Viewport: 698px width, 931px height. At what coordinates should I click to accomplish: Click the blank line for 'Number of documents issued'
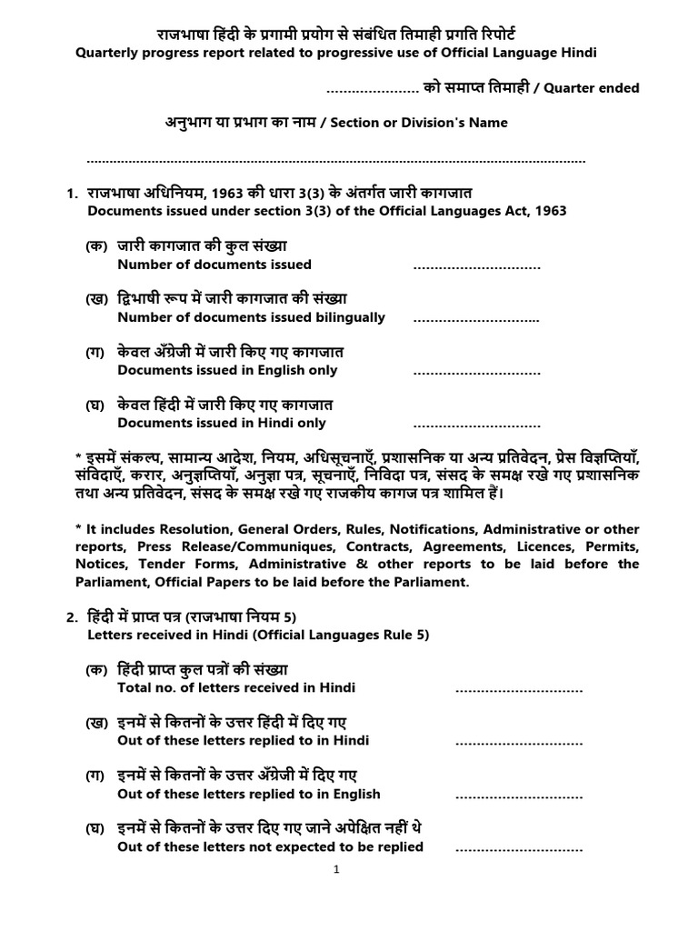tap(476, 267)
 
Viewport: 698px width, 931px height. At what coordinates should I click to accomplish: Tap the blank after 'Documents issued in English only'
tap(476, 373)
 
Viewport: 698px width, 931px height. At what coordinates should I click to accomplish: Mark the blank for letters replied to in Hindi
tap(518, 743)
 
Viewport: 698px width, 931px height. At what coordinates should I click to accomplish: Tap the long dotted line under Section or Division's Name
tap(336, 161)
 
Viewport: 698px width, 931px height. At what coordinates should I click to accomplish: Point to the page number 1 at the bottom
tap(336, 869)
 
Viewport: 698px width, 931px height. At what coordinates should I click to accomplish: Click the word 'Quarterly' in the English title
tap(109, 53)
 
